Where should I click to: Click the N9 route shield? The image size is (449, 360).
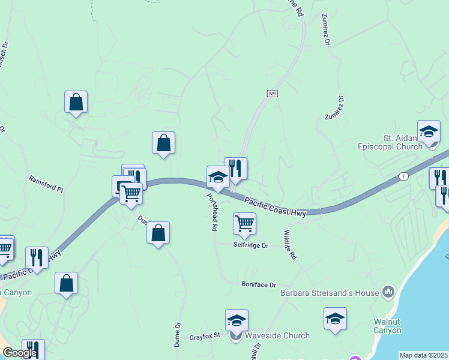tap(273, 93)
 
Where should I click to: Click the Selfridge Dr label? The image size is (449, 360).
tap(250, 245)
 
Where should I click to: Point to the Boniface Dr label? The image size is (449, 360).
tap(258, 284)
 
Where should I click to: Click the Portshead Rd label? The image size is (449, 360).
tap(211, 212)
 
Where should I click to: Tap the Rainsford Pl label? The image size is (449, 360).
tap(46, 184)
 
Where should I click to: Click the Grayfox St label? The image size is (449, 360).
tap(205, 336)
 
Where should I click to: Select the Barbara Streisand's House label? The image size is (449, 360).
tap(330, 293)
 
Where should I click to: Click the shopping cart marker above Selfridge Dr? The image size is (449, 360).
tap(244, 224)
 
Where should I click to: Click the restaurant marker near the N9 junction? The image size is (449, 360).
tap(235, 169)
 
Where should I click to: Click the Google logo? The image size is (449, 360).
tap(20, 353)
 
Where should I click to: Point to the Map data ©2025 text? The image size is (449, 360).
tap(424, 355)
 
